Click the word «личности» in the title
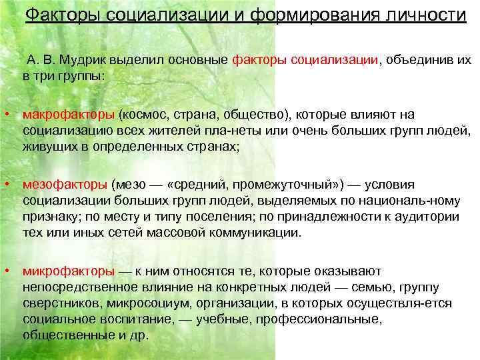(x=425, y=14)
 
